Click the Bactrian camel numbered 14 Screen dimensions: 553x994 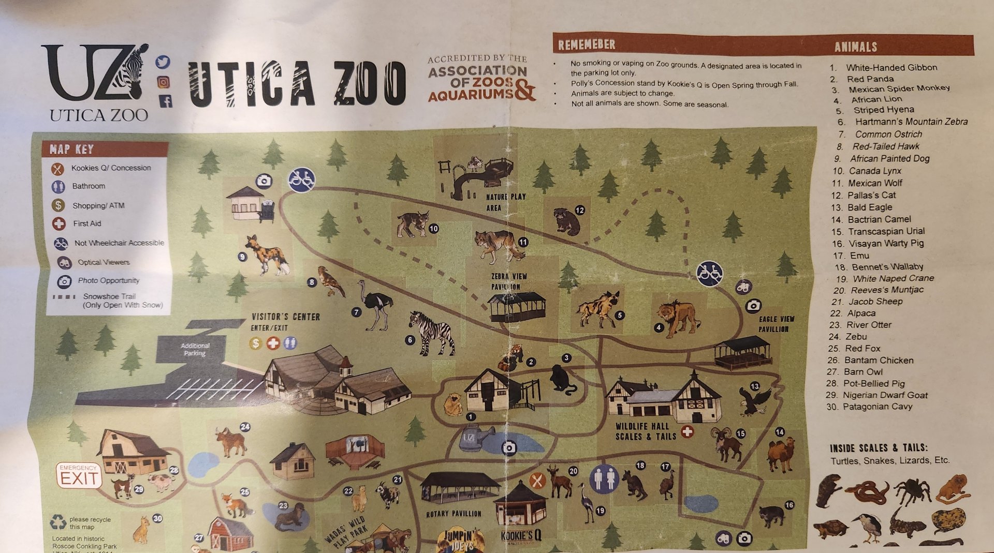click(781, 454)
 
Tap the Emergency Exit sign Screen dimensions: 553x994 click(79, 475)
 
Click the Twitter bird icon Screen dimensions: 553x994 click(163, 62)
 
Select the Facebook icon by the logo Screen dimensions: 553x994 click(166, 101)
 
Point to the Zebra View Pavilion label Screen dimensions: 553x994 click(508, 281)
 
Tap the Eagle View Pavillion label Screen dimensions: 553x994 click(776, 324)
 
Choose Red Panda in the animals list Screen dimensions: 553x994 click(870, 79)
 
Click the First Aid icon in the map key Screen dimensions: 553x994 click(59, 223)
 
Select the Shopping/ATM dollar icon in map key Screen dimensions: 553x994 click(59, 205)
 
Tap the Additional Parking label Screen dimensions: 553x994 click(195, 349)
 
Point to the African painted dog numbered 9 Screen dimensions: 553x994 click(268, 255)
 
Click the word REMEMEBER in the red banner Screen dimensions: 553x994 click(586, 45)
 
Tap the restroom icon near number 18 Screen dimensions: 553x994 click(604, 479)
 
